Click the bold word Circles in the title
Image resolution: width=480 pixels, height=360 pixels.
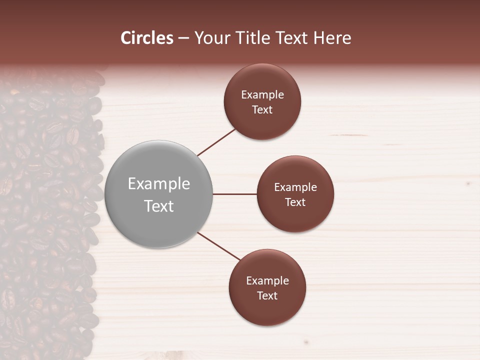(x=147, y=38)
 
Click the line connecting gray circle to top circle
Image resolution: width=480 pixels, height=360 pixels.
(x=216, y=142)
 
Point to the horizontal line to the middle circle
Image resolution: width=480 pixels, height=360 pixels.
(x=234, y=194)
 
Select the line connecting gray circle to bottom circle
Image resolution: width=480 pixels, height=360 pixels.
(x=219, y=246)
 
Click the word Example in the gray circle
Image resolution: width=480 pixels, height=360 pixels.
(x=158, y=184)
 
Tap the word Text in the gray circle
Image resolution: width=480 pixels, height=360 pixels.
(x=158, y=206)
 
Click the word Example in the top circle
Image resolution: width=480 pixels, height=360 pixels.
(x=262, y=95)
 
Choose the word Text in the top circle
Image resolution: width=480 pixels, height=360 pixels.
(x=262, y=110)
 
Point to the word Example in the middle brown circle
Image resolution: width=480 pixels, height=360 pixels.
(x=295, y=187)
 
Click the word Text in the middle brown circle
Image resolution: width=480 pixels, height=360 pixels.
(x=295, y=202)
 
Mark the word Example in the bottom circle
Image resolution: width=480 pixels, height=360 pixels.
(x=267, y=281)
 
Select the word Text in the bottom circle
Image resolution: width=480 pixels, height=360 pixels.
(x=267, y=296)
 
